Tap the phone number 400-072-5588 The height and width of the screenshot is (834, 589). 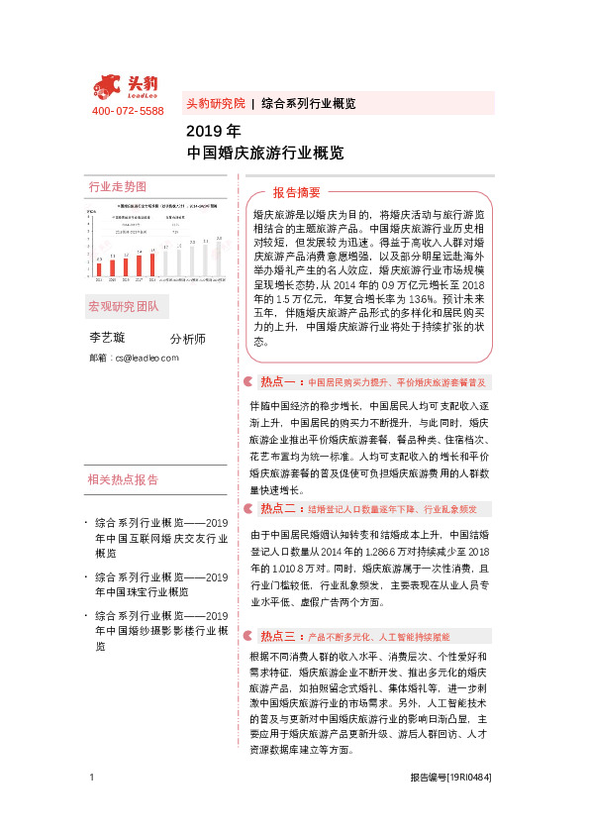[x=128, y=111]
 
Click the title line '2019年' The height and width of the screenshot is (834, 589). [x=213, y=131]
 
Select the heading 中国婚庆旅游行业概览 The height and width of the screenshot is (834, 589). [x=265, y=154]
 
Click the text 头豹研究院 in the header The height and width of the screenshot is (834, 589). [x=215, y=103]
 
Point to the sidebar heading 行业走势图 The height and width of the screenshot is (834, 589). [x=117, y=186]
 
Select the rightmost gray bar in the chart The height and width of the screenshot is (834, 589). [x=219, y=256]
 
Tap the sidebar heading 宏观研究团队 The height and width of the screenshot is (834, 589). [x=123, y=306]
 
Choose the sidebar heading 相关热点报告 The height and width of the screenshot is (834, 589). [x=123, y=480]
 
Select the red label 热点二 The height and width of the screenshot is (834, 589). [x=279, y=508]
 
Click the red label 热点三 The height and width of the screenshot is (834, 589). [x=279, y=636]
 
